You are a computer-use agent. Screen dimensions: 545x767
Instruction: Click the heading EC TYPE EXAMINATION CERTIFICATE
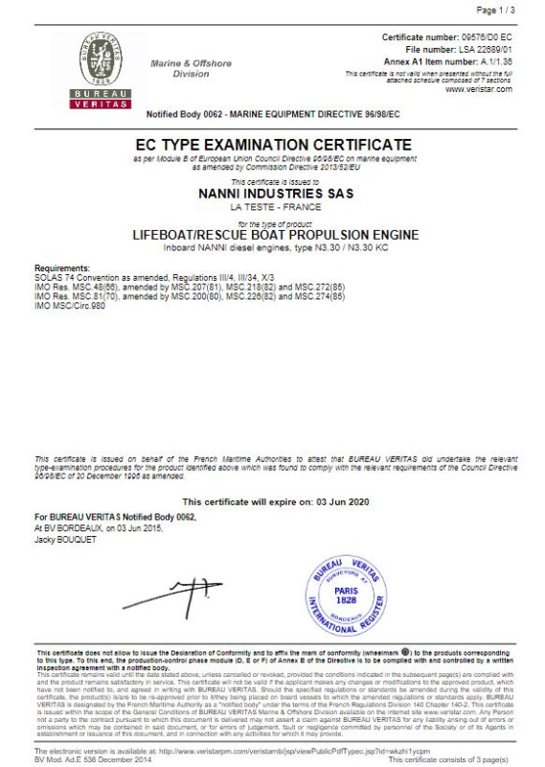click(x=273, y=145)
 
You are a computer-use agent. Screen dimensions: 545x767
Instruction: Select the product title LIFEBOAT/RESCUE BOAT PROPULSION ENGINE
click(x=273, y=234)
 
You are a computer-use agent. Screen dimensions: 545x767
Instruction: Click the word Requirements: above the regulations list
click(x=62, y=267)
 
